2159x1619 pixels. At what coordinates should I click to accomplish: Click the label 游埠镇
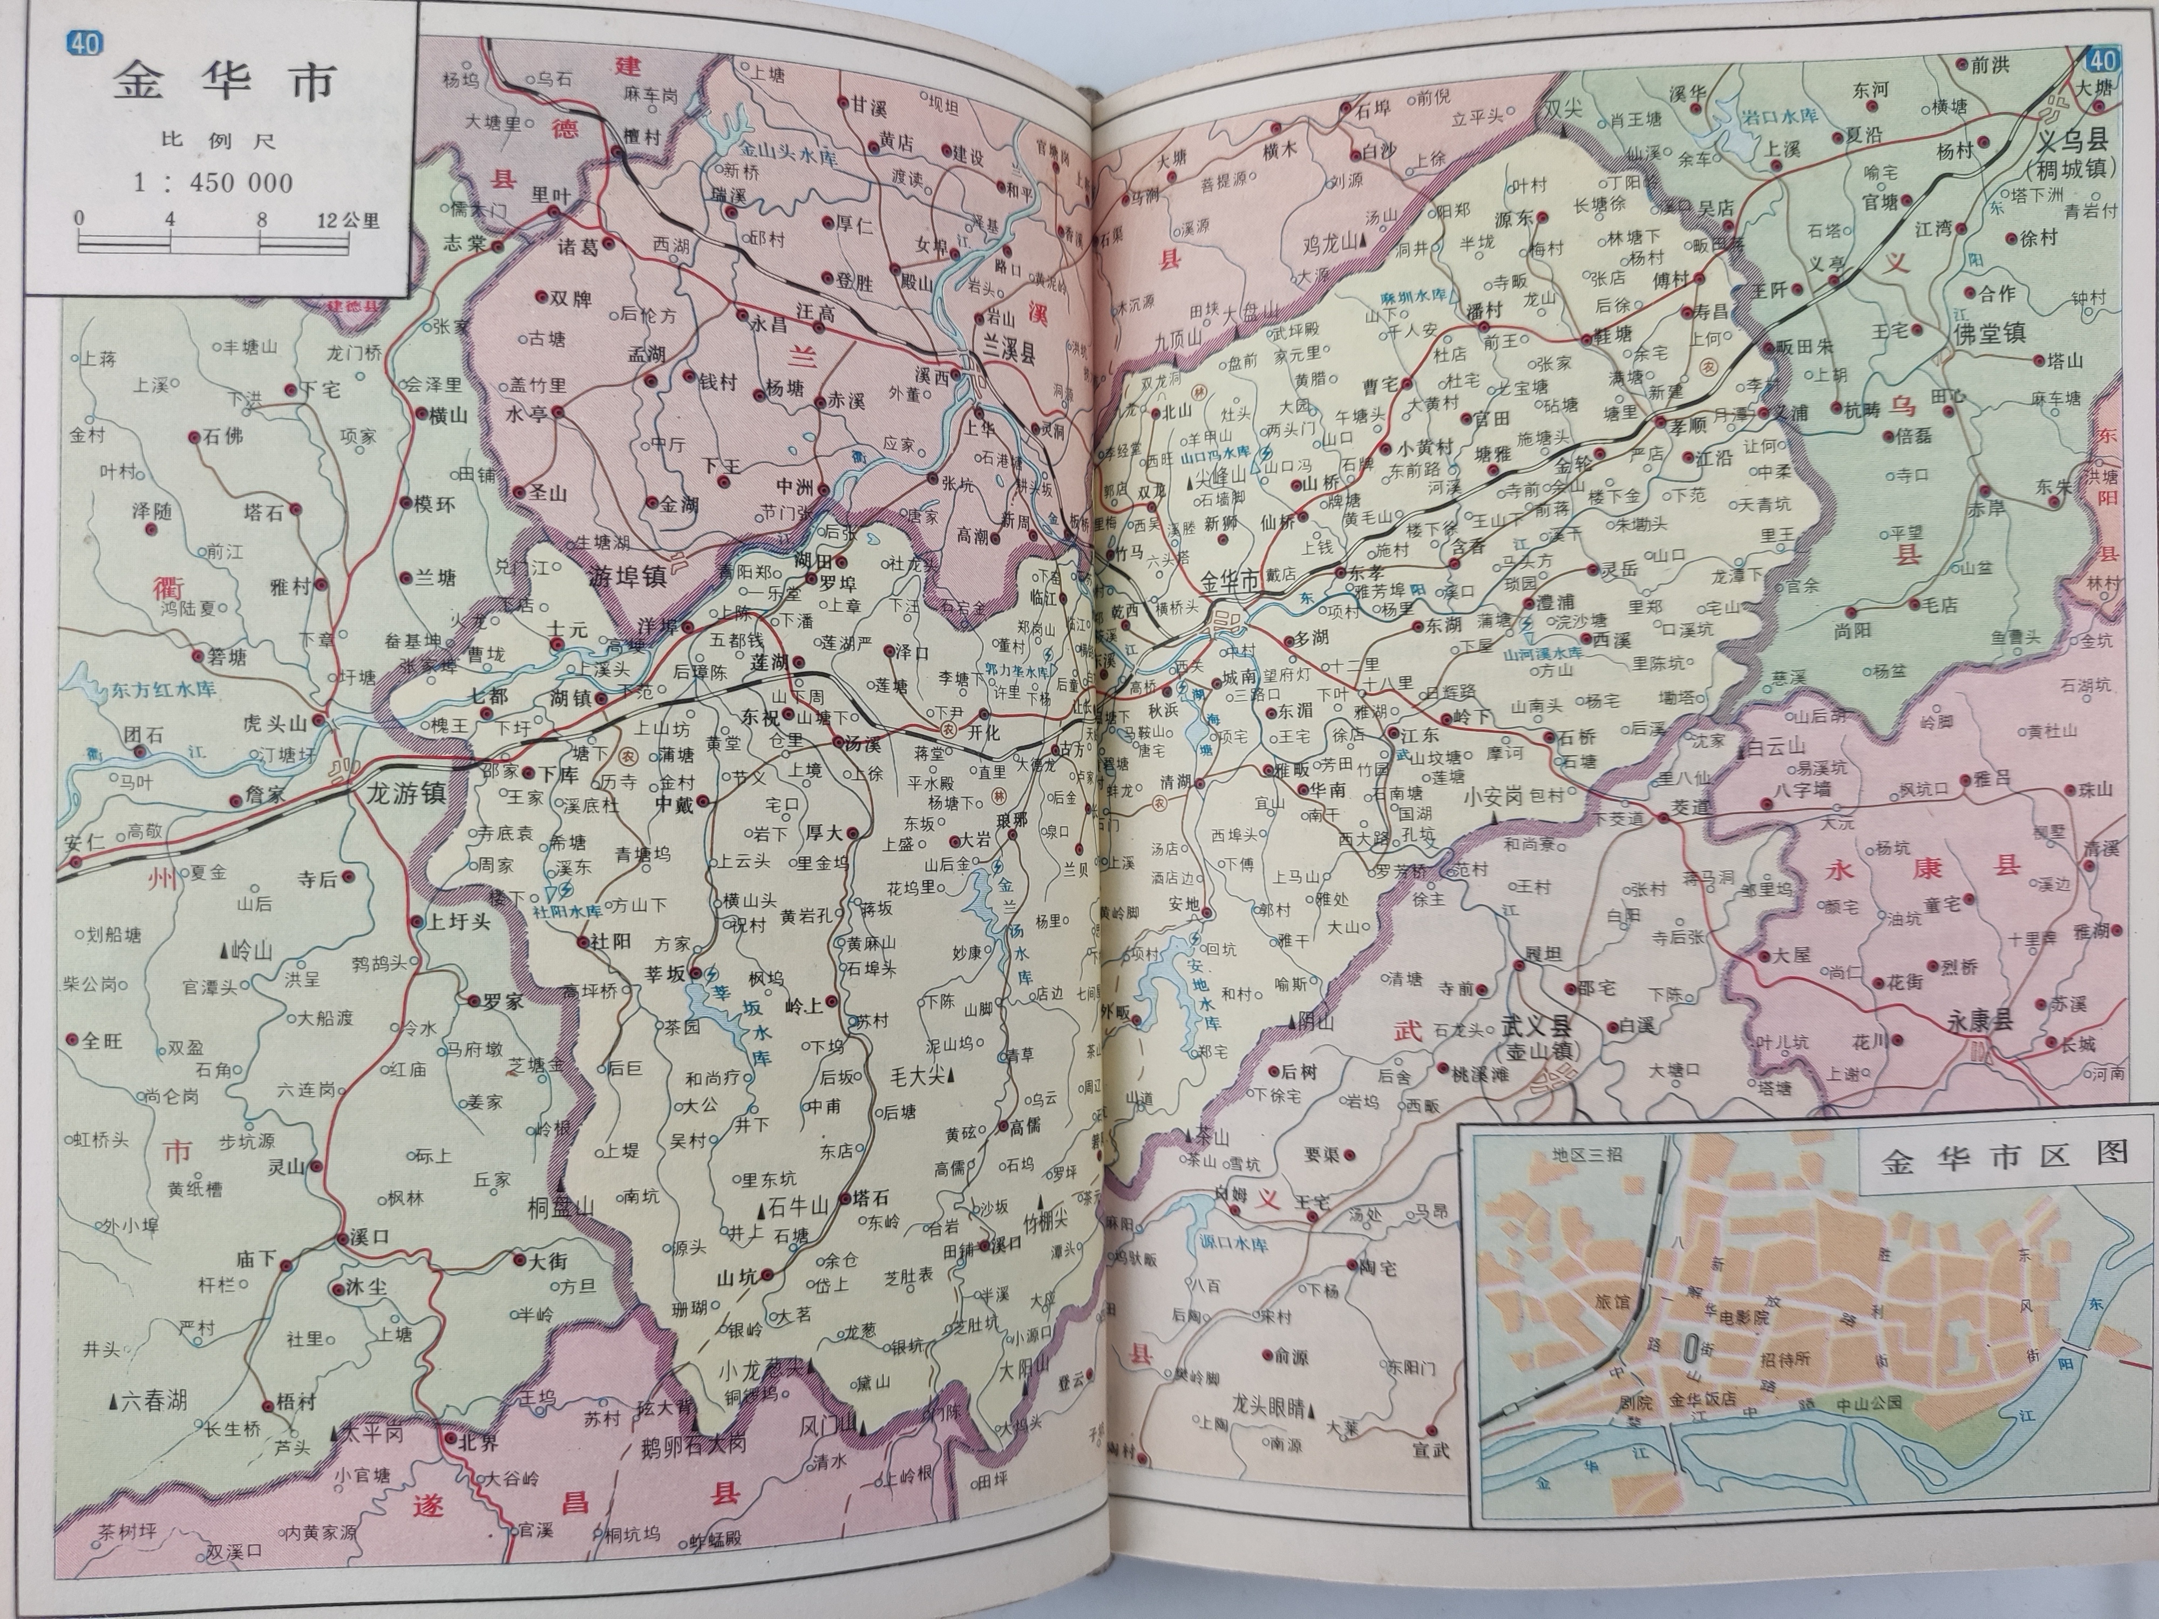(x=628, y=577)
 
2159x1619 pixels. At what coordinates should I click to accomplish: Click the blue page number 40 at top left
(x=84, y=44)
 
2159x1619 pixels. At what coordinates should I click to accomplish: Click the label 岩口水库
(x=1780, y=115)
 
